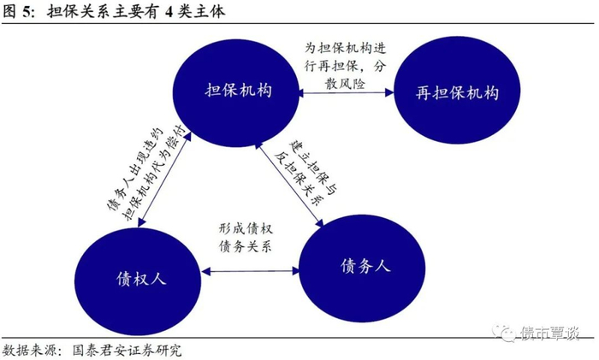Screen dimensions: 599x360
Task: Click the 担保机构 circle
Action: (x=235, y=92)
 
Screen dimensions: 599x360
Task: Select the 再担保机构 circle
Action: (x=457, y=91)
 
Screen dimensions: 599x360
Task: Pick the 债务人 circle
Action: (x=361, y=269)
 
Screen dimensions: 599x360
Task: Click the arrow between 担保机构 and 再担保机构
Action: (x=346, y=92)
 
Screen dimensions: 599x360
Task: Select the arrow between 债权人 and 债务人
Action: (x=250, y=271)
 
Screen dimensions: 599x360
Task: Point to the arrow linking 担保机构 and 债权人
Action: (x=164, y=180)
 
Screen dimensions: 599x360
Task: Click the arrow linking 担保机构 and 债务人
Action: (x=289, y=184)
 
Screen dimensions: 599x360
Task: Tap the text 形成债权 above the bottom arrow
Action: (x=246, y=228)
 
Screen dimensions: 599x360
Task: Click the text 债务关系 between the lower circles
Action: (x=246, y=246)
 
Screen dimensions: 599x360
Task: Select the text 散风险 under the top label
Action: (x=345, y=84)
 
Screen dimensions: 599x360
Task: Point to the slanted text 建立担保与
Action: (x=314, y=168)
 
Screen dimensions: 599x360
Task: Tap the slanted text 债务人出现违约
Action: (x=135, y=168)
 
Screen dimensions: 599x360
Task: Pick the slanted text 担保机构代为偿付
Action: (x=153, y=173)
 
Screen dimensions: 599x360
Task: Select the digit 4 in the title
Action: (x=169, y=12)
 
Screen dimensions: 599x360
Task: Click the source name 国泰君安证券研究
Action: (x=127, y=350)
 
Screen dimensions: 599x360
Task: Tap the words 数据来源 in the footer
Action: (x=29, y=350)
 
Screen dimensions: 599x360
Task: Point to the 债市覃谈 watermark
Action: (x=536, y=333)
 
